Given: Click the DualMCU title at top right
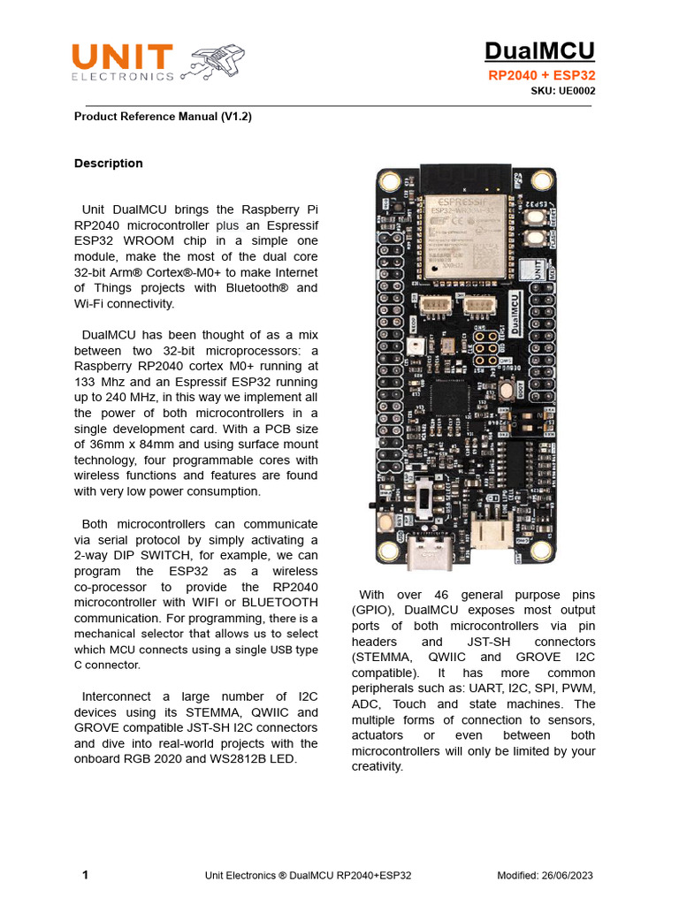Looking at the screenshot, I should point(540,50).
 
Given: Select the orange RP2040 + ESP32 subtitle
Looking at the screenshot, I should point(541,76).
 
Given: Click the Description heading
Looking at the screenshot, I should point(108,164).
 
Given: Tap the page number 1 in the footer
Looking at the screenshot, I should point(85,875).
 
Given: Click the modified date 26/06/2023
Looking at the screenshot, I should point(569,875).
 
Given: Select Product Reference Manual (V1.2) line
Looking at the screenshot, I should point(163,116).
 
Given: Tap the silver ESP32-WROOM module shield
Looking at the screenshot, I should point(467,232).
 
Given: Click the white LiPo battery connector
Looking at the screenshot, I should point(489,533).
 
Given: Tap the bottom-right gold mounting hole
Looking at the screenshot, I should point(545,552).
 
